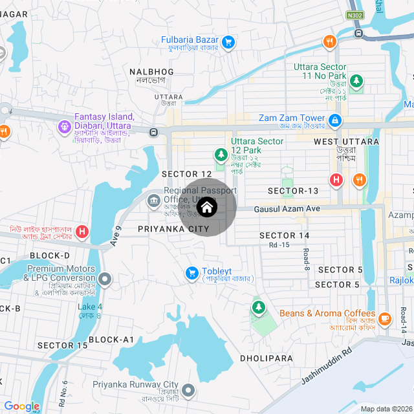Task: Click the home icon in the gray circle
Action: coord(206,208)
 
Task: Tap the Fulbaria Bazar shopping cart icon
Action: coord(228,43)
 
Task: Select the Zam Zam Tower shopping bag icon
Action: coord(335,120)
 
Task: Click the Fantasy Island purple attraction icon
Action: coord(64,126)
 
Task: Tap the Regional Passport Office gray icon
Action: coord(154,200)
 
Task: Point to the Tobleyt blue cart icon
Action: coord(191,274)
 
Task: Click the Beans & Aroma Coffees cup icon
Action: coord(385,318)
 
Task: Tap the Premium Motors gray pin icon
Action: coord(105,279)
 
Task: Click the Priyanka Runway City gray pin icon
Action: coord(188,390)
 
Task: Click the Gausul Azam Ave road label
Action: coord(287,209)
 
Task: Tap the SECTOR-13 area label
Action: coord(293,191)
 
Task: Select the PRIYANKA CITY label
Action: coord(173,229)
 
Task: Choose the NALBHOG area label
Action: coord(151,71)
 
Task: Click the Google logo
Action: coord(21,406)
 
